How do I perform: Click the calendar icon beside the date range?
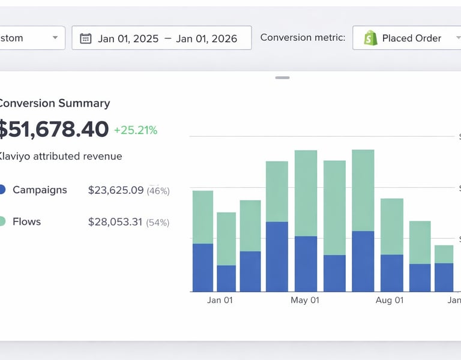[86, 38]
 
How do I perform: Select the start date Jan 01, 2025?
[128, 38]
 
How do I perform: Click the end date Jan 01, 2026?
[206, 38]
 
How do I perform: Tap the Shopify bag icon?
[370, 38]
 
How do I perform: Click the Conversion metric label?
[303, 37]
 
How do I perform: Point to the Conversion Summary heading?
[54, 103]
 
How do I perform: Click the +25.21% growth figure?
[135, 130]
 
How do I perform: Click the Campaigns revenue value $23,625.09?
[116, 190]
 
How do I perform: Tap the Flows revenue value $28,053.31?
[115, 222]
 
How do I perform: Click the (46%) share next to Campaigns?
[158, 191]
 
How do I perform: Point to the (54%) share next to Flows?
[158, 223]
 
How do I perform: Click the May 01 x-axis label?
[305, 300]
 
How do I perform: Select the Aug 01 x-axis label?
[390, 300]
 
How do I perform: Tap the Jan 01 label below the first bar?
[220, 300]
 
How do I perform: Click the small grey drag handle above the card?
[282, 77]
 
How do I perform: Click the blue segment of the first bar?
[203, 268]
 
